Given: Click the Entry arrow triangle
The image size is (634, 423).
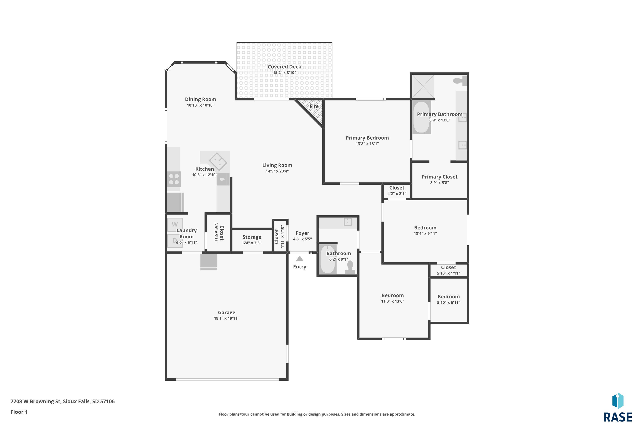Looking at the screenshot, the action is coord(299,259).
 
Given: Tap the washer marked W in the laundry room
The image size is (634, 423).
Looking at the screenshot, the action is coord(175,224).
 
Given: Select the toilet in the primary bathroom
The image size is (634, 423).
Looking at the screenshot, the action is coord(460,81).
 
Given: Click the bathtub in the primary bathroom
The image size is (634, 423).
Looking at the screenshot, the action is coord(422,117).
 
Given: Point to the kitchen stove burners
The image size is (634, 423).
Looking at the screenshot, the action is coord(174,179).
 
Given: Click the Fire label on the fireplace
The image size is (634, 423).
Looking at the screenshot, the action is coord(314,106).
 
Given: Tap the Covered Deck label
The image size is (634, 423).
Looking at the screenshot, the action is coord(284,67).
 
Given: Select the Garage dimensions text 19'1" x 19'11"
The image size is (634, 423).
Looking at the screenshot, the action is coord(226,318).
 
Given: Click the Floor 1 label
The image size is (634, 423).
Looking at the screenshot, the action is coord(19,412).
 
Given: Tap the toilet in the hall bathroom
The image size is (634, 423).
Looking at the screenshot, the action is coord(350,268).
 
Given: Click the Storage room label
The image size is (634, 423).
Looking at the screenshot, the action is coord(252,237).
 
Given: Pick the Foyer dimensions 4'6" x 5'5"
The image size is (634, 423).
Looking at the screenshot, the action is coord(302,239).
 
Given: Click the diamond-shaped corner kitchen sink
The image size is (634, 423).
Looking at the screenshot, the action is coord(218,162).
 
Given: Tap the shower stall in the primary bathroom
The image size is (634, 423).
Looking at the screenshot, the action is coord(423,86).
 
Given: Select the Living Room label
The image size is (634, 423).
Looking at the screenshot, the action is coord(277,165).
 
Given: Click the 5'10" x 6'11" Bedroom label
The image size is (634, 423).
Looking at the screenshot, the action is coord(448,297).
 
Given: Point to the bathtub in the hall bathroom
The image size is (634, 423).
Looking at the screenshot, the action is coord(328,259).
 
